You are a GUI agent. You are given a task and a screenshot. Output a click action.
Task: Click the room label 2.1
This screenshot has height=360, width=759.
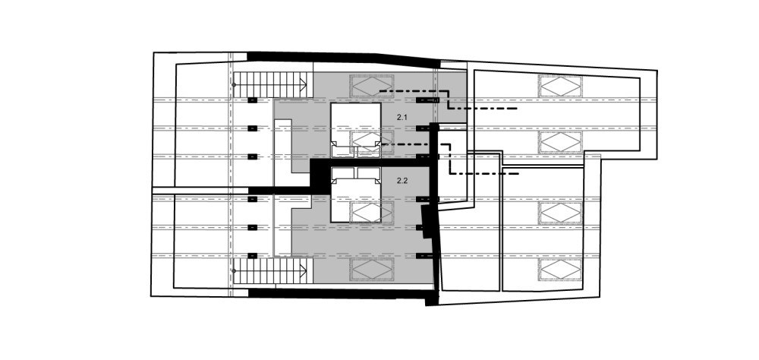(402, 117)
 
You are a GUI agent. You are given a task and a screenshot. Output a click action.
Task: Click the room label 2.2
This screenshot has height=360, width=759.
(402, 181)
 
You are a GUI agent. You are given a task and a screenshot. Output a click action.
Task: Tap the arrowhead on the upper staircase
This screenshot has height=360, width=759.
(304, 85)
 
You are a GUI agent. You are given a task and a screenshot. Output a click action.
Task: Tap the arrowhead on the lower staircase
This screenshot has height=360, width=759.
(304, 271)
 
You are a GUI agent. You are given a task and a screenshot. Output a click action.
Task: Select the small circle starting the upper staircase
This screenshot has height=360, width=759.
(235, 85)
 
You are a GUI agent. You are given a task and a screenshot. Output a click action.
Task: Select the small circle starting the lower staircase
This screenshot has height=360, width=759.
(235, 271)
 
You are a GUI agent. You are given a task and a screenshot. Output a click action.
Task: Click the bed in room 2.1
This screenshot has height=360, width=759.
(356, 130)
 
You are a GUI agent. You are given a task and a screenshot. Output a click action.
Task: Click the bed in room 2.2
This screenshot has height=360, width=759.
(356, 194)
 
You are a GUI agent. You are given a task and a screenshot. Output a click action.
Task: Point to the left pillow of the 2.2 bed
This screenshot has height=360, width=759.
(343, 173)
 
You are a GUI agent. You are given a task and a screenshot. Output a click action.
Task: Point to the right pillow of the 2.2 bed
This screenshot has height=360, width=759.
(368, 173)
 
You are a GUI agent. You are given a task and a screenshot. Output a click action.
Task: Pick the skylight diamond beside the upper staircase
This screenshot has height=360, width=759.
(371, 87)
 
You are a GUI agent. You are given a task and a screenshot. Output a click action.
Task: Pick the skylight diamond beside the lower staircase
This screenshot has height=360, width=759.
(372, 269)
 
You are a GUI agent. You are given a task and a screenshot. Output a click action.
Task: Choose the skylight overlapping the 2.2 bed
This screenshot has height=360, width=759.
(372, 212)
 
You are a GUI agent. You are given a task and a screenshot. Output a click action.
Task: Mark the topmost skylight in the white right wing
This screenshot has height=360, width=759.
(561, 87)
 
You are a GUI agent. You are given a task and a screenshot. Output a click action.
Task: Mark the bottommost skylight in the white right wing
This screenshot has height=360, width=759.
(561, 270)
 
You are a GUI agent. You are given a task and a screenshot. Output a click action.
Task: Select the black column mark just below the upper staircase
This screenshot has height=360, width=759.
(252, 100)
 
